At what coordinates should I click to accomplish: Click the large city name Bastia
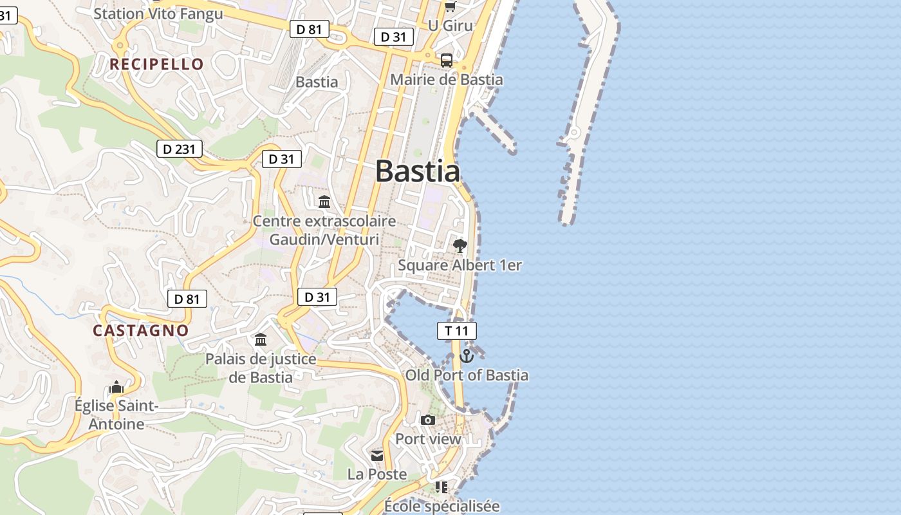(x=417, y=171)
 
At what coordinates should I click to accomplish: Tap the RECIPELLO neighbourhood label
(x=156, y=64)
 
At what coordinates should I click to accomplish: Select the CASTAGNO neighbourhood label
(x=141, y=331)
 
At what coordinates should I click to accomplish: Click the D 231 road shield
(x=180, y=149)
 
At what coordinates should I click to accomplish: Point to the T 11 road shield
(x=456, y=331)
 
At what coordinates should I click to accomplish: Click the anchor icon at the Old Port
(x=467, y=355)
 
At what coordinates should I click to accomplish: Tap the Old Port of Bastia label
(x=467, y=375)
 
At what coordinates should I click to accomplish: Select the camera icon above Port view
(x=428, y=420)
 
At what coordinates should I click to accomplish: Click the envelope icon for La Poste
(x=377, y=456)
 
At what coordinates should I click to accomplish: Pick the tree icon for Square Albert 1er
(x=460, y=245)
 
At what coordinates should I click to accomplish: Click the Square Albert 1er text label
(x=460, y=265)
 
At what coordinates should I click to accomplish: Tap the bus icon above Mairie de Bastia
(x=447, y=61)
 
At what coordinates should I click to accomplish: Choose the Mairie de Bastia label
(x=447, y=80)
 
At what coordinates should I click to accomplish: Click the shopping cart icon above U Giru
(x=450, y=6)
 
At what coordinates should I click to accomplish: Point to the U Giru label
(x=450, y=26)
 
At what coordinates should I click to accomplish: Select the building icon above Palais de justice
(x=261, y=339)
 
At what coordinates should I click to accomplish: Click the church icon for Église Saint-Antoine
(x=116, y=387)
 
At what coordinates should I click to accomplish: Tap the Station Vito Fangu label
(x=158, y=14)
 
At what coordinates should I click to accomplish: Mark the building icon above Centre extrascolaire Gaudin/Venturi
(x=324, y=202)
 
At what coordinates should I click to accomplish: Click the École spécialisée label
(x=441, y=506)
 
